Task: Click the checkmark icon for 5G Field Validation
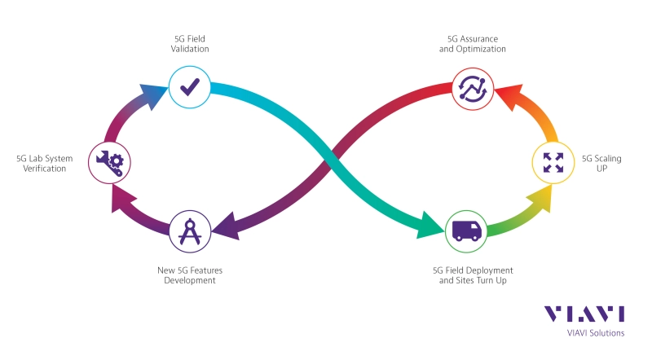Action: (190, 86)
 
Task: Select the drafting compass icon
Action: (191, 230)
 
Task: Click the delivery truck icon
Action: (466, 230)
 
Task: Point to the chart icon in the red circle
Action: (473, 87)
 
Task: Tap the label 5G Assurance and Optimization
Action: (473, 43)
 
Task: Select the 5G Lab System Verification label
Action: (41, 163)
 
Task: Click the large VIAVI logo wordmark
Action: (584, 314)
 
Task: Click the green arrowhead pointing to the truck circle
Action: (430, 224)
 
